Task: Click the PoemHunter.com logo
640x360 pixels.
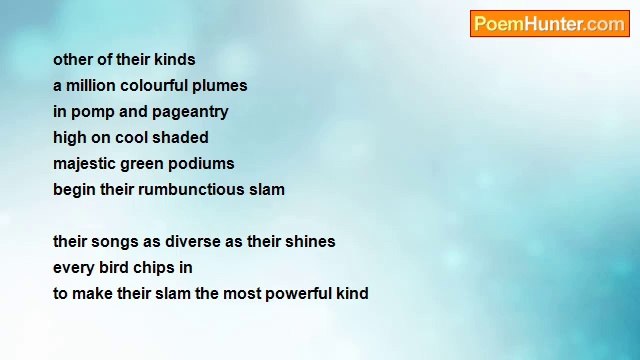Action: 549,24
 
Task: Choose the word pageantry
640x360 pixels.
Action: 190,112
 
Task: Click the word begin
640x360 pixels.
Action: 74,190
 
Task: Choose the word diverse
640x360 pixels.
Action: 195,242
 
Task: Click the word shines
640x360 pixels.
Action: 310,242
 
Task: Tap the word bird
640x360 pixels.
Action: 112,268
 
